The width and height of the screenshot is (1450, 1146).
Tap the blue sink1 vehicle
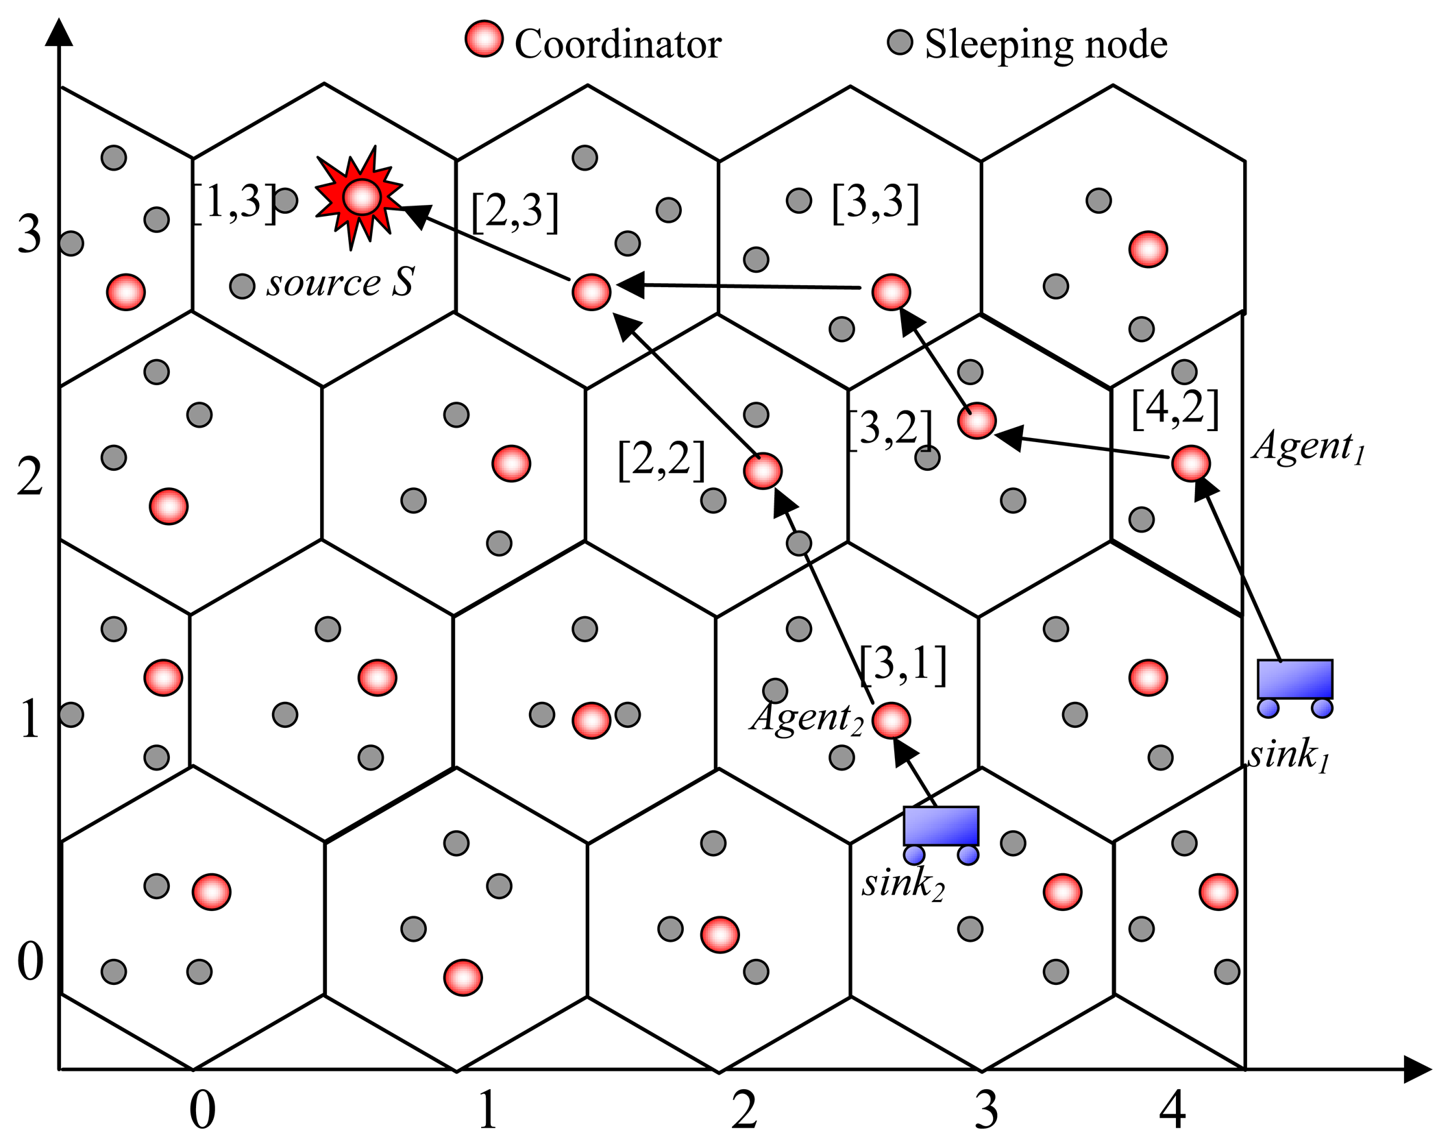point(1294,686)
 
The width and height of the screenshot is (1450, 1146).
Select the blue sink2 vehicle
point(941,833)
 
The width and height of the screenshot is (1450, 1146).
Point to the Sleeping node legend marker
point(900,42)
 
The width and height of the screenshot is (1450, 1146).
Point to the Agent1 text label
point(1308,448)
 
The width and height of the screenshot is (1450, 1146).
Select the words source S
point(341,282)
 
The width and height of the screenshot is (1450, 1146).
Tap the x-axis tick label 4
point(1172,1110)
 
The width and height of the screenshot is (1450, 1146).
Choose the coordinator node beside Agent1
point(1191,464)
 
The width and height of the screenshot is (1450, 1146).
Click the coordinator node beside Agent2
point(892,720)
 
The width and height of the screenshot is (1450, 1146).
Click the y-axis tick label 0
point(30,961)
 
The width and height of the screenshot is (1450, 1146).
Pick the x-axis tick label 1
point(487,1110)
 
